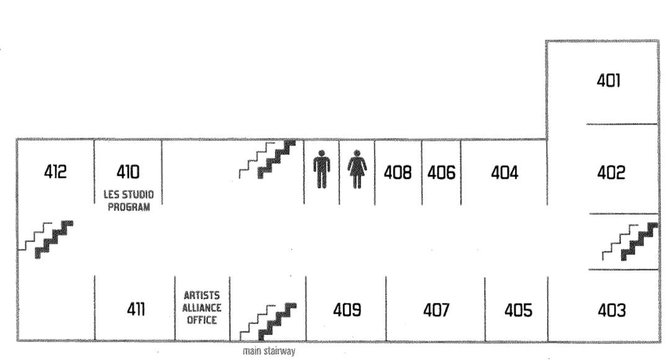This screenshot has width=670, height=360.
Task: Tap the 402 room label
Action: (610, 172)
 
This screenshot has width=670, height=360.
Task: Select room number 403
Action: (611, 309)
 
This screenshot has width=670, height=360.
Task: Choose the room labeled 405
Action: (518, 309)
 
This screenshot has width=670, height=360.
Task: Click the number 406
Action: (441, 172)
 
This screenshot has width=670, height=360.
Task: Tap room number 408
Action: (398, 172)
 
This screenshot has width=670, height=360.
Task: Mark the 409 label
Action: (347, 309)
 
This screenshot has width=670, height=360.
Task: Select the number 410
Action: (128, 171)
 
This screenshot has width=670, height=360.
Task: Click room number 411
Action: (135, 308)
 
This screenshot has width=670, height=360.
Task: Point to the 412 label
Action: (55, 171)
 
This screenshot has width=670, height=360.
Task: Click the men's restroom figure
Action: (321, 169)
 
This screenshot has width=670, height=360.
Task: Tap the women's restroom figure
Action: (357, 169)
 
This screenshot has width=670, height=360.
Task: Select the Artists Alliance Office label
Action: (202, 307)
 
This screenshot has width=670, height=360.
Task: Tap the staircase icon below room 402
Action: (630, 241)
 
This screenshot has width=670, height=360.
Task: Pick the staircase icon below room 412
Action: (46, 238)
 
